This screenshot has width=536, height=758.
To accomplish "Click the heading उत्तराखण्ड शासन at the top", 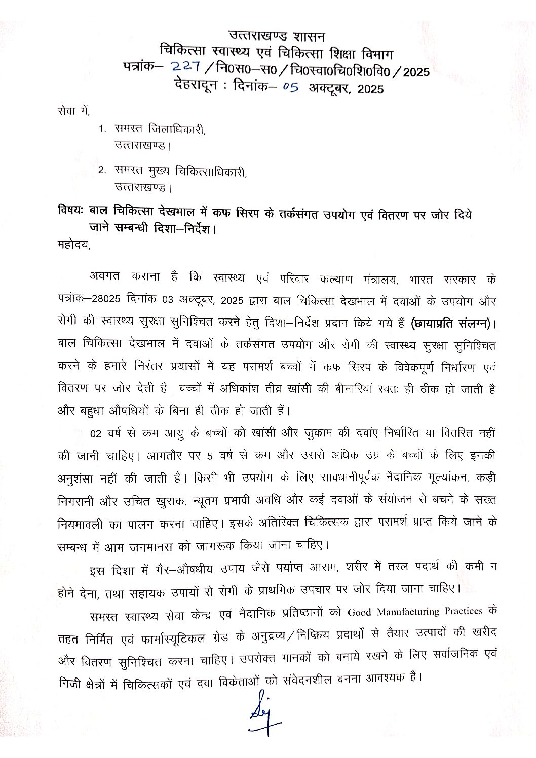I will (x=276, y=36).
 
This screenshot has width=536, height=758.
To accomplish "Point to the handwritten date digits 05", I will (x=290, y=87).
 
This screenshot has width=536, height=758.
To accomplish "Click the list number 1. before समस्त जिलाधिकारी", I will (x=102, y=130).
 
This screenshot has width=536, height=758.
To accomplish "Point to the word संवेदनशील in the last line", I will (x=309, y=680).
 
